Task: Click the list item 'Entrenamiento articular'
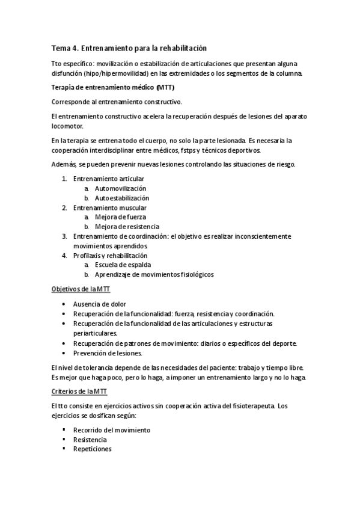click(109, 179)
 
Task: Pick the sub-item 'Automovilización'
click(120, 188)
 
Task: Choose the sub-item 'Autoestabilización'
click(122, 198)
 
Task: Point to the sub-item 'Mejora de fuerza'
click(120, 217)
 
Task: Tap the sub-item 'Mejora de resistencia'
click(127, 227)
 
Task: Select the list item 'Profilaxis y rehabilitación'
click(114, 256)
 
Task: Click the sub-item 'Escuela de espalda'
click(123, 265)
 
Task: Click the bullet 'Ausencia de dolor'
click(100, 304)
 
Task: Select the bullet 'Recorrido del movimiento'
click(112, 431)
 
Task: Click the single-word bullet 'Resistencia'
click(90, 440)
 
